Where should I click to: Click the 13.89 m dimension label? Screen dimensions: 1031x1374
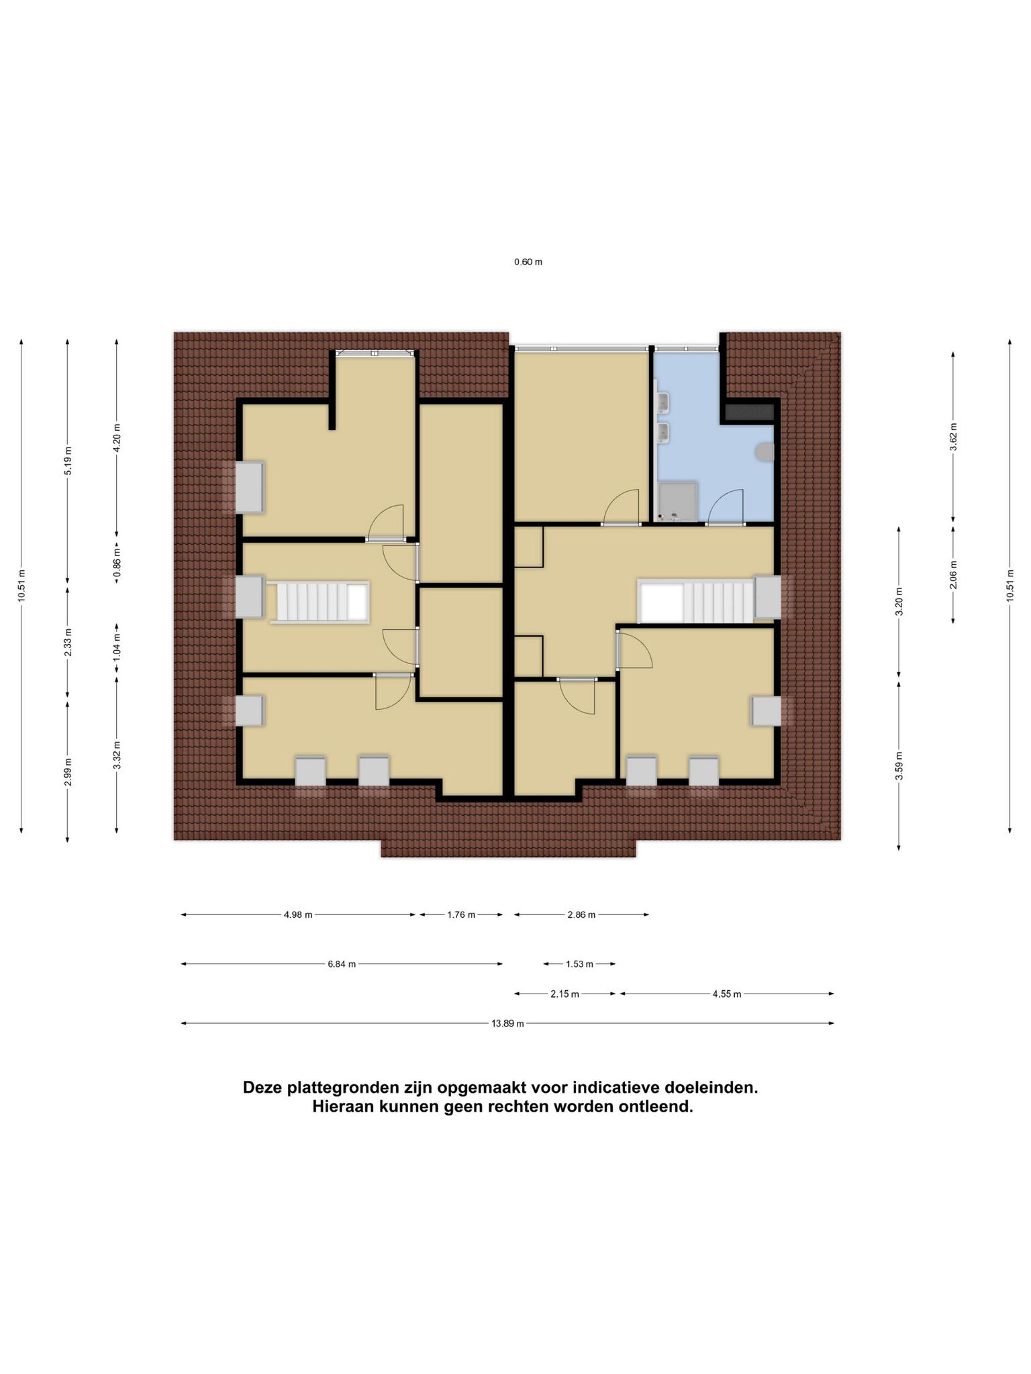(507, 1023)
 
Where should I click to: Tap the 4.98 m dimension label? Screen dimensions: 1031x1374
(298, 914)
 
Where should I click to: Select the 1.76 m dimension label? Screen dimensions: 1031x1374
(461, 914)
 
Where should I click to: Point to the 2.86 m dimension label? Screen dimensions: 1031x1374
(581, 914)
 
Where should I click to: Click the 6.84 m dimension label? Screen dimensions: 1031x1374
(342, 964)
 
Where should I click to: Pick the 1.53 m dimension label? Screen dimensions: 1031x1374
(579, 964)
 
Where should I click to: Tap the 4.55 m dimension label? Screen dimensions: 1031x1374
(727, 994)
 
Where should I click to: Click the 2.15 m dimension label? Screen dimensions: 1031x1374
(564, 994)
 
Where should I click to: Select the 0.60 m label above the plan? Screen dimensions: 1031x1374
(528, 262)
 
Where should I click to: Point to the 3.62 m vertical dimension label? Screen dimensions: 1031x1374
(953, 437)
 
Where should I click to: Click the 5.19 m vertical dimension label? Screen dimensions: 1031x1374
(67, 460)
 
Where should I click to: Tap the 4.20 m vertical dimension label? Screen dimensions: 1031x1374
(117, 438)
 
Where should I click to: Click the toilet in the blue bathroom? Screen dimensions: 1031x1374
(765, 453)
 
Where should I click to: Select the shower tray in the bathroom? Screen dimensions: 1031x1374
(678, 501)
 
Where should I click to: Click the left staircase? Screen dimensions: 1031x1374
(320, 602)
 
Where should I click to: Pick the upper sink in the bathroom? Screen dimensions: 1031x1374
(664, 402)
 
